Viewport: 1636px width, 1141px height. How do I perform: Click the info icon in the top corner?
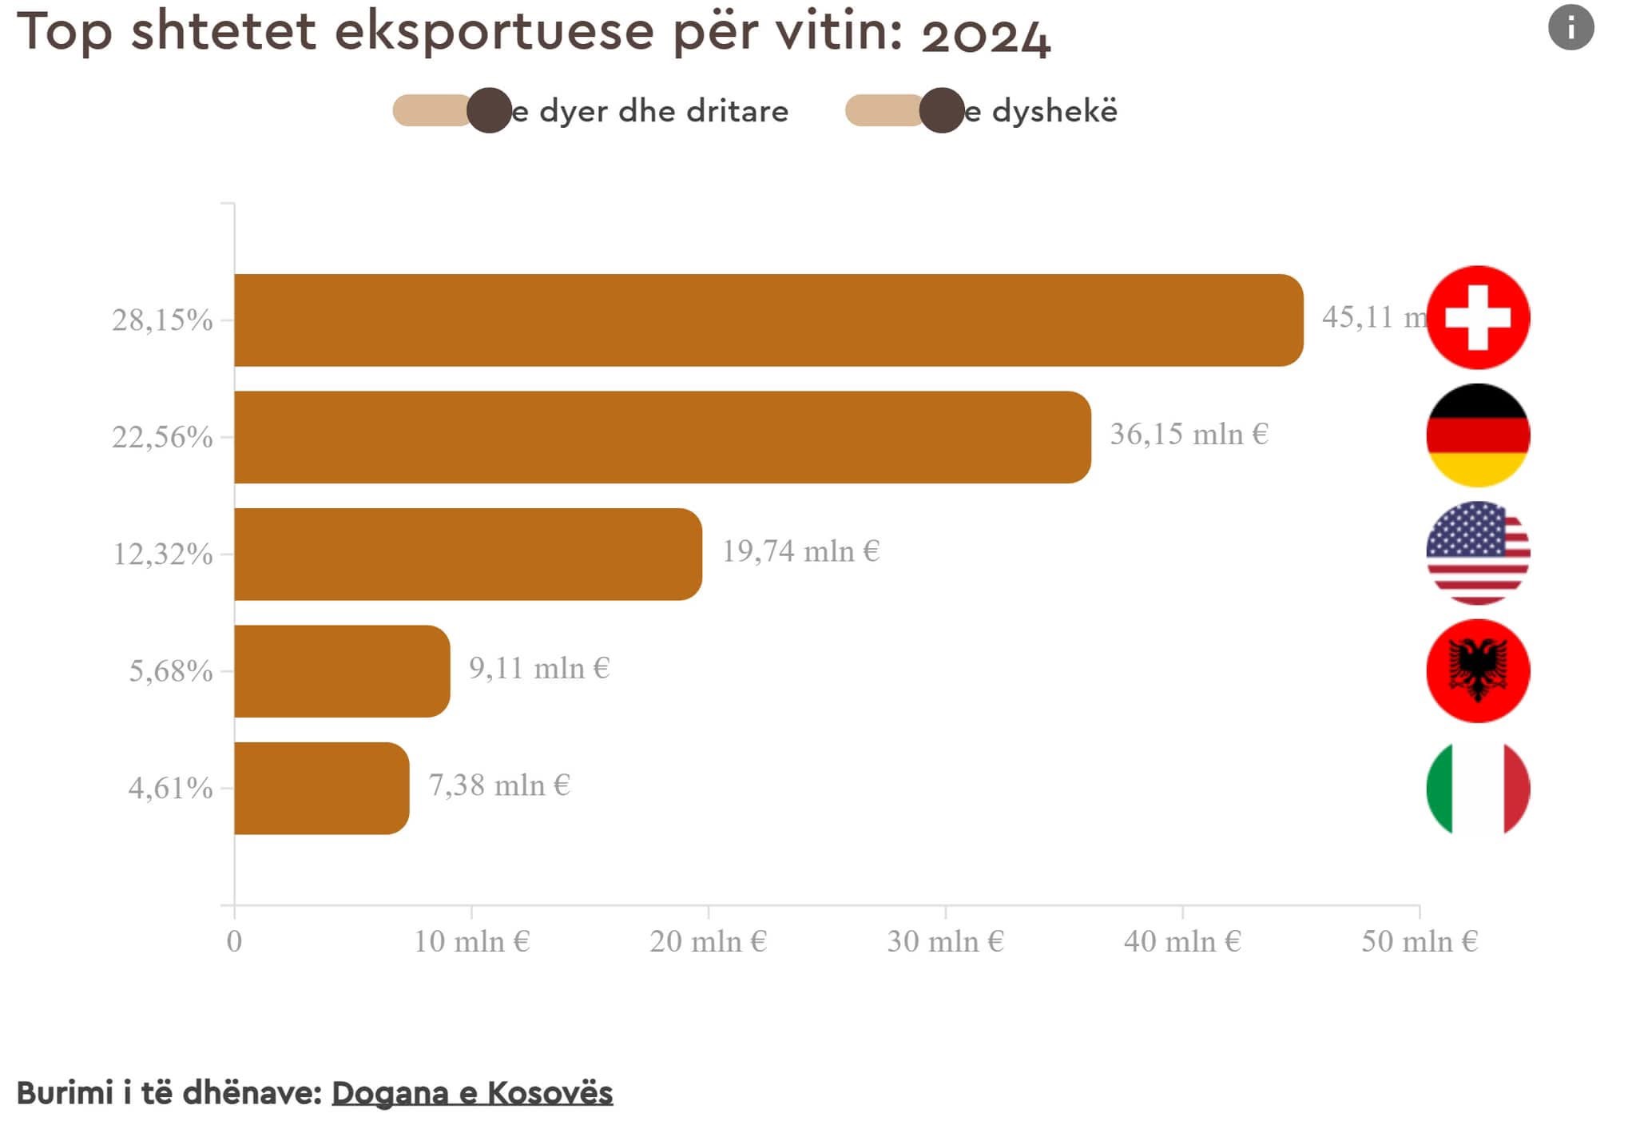pyautogui.click(x=1570, y=28)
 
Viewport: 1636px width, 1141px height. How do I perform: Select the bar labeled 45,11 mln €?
pyautogui.click(x=767, y=320)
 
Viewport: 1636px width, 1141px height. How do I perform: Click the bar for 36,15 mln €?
pyautogui.click(x=661, y=437)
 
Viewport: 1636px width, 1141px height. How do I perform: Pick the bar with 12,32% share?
pyautogui.click(x=467, y=554)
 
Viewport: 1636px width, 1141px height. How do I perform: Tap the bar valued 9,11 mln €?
pyautogui.click(x=341, y=671)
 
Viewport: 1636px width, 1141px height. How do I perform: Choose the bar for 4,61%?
pyautogui.click(x=321, y=788)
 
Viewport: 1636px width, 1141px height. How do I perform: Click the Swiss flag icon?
pyautogui.click(x=1478, y=317)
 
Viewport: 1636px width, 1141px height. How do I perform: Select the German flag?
pyautogui.click(x=1478, y=435)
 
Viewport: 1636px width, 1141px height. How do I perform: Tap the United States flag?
pyautogui.click(x=1478, y=553)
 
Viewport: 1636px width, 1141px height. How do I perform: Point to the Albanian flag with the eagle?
pyautogui.click(x=1478, y=670)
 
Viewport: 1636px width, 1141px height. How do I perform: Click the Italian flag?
pyautogui.click(x=1478, y=788)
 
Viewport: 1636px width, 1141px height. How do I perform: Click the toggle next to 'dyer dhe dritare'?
pyautogui.click(x=452, y=110)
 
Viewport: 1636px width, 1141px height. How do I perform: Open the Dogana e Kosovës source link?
pyautogui.click(x=472, y=1092)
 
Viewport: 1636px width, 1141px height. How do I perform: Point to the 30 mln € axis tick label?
pyautogui.click(x=945, y=941)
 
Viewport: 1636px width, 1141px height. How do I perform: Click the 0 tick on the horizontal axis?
pyautogui.click(x=234, y=941)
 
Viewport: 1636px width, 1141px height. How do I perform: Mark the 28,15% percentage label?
pyautogui.click(x=162, y=320)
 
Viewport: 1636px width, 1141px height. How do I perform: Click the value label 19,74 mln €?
pyautogui.click(x=800, y=551)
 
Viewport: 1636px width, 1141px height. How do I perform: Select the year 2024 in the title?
pyautogui.click(x=986, y=35)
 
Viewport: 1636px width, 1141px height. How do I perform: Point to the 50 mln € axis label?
pyautogui.click(x=1420, y=941)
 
